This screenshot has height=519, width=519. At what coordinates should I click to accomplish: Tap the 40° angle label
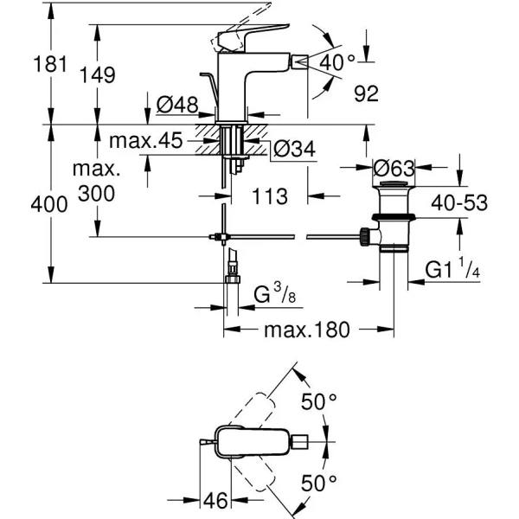click(x=337, y=62)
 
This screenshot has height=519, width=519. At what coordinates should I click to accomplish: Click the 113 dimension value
click(x=270, y=196)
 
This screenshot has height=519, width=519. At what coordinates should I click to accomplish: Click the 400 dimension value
click(x=25, y=205)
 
